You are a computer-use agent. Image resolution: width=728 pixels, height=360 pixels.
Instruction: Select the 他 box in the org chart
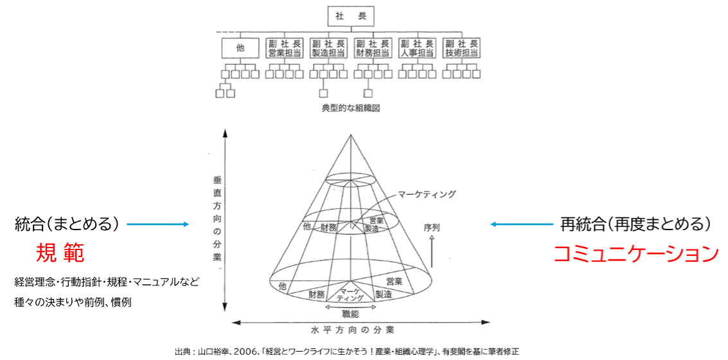pyautogui.click(x=240, y=48)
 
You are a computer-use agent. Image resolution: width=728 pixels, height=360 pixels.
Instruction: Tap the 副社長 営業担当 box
pyautogui.click(x=283, y=48)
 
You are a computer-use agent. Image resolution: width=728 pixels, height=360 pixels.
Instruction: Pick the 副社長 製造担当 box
pyautogui.click(x=328, y=48)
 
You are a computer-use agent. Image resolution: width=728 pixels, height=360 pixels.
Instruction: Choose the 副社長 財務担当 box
pyautogui.click(x=373, y=48)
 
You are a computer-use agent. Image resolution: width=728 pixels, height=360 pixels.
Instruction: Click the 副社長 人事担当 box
pyautogui.click(x=417, y=48)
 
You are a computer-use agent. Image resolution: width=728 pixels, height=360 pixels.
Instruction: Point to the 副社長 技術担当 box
pyautogui.click(x=461, y=48)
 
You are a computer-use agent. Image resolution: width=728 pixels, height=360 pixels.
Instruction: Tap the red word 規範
pyautogui.click(x=60, y=253)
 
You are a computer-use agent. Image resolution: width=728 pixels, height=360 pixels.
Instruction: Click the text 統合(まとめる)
pyautogui.click(x=64, y=225)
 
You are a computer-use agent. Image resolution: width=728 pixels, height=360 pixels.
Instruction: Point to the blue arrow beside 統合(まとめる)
pyautogui.click(x=158, y=225)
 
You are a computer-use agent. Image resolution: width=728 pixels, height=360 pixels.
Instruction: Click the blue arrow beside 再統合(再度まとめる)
pyautogui.click(x=521, y=225)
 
